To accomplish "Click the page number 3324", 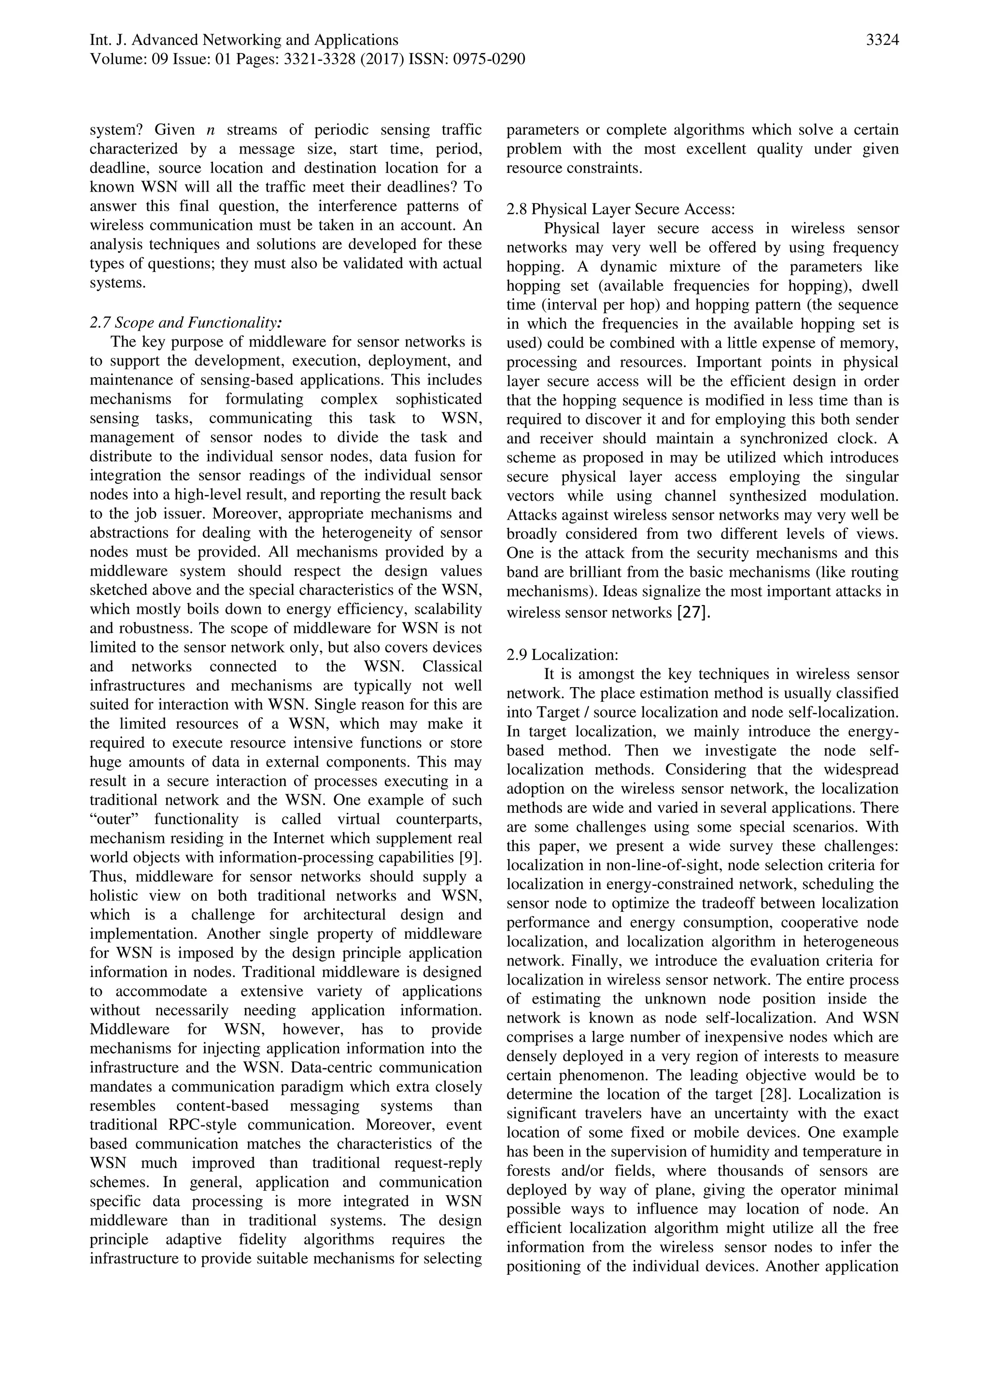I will click(882, 40).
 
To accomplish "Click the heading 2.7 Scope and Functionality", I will click(186, 322).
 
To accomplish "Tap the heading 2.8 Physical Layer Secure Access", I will click(621, 209).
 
